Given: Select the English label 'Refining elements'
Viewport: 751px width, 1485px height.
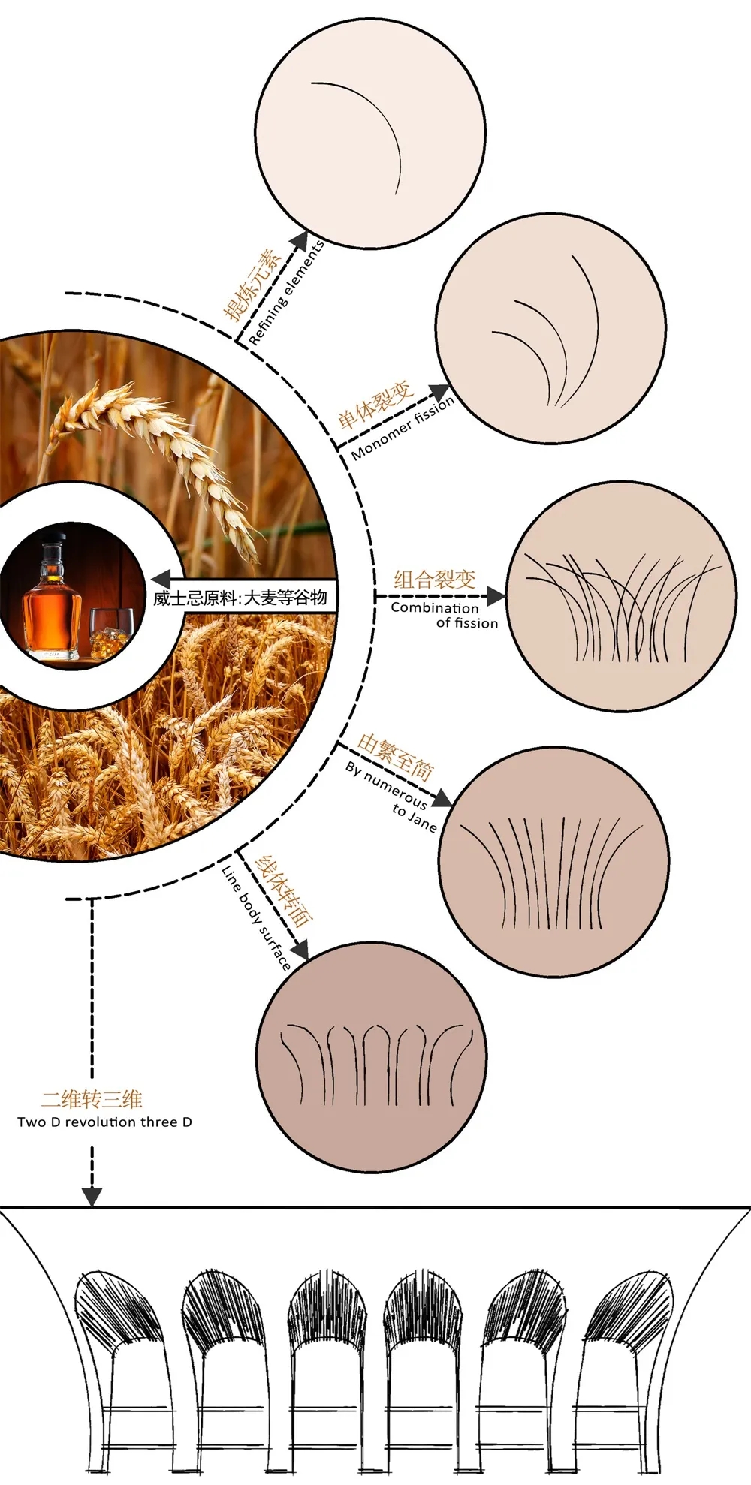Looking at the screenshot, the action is (286, 293).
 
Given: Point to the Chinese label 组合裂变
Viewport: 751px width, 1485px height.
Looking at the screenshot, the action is (435, 579).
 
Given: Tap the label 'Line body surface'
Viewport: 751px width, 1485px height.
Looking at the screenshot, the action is (256, 917).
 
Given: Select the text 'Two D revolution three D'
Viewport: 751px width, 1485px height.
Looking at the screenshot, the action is (104, 1122).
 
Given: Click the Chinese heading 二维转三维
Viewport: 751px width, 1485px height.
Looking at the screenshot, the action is (92, 1100).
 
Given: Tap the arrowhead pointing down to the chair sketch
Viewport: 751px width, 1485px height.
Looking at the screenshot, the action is (92, 1196).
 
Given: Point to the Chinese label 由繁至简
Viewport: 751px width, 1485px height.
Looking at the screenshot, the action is (396, 756).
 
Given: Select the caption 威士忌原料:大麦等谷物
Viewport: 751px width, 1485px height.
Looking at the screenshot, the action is (240, 598).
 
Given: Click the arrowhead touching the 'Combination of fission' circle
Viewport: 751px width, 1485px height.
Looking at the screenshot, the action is (496, 597).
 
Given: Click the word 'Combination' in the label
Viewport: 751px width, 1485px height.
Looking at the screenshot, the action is (435, 607).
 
